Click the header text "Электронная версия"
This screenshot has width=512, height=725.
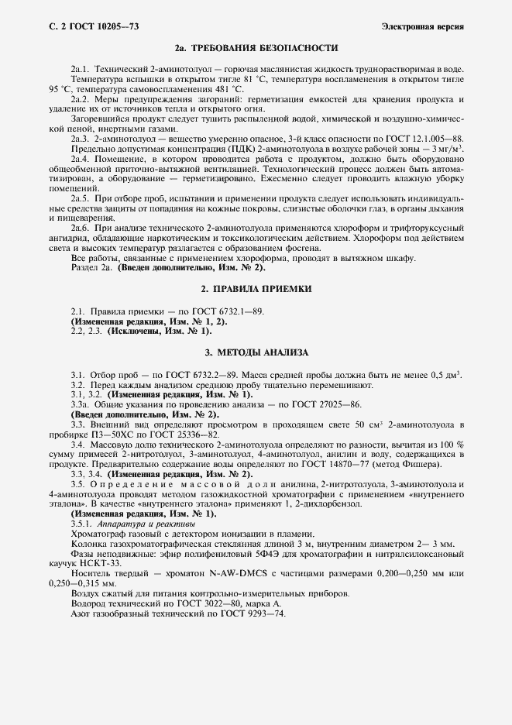click(x=423, y=27)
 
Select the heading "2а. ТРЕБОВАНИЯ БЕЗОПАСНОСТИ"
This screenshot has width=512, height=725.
click(x=256, y=48)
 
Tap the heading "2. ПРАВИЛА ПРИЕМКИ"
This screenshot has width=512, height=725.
click(x=256, y=288)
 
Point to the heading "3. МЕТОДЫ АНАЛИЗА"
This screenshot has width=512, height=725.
click(x=256, y=352)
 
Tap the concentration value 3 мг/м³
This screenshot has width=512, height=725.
click(x=447, y=147)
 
